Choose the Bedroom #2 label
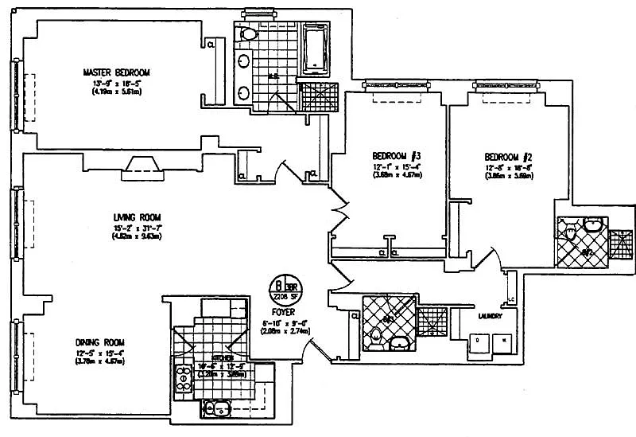(x=506, y=157)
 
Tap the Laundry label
(x=489, y=316)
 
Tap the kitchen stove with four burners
(x=184, y=377)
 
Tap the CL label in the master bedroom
(x=211, y=45)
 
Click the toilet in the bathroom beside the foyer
(x=376, y=341)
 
